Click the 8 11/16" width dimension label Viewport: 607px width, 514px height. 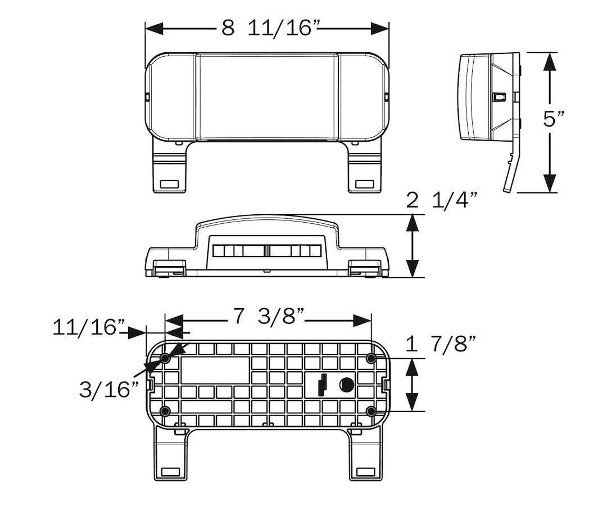point(267,28)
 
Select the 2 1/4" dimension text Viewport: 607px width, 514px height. point(442,200)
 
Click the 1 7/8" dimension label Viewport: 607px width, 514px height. point(442,344)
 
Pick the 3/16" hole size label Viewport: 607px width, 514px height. point(108,390)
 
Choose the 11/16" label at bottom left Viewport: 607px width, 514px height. point(89,327)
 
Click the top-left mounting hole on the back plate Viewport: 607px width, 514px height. point(165,358)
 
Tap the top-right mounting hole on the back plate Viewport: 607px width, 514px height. point(371,358)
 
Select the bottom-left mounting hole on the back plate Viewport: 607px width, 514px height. point(165,411)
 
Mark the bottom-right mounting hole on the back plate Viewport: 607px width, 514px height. point(371,411)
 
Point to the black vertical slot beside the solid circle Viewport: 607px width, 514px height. point(323,385)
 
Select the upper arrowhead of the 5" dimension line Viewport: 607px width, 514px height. point(550,62)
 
